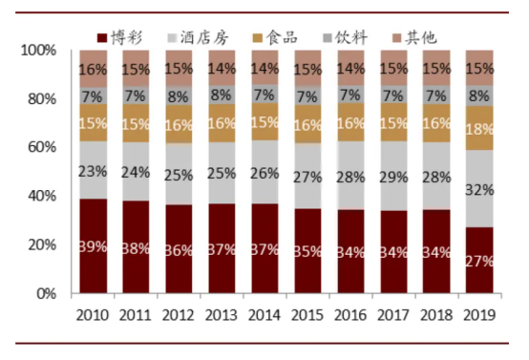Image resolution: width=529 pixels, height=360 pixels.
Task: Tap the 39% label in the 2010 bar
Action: (93, 246)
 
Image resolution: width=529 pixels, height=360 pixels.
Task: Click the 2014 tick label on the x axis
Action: (266, 313)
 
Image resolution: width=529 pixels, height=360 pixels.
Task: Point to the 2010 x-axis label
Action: (93, 313)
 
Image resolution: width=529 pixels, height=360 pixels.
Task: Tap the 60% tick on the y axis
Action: (49, 147)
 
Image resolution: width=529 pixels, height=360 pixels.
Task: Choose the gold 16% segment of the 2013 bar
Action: (223, 123)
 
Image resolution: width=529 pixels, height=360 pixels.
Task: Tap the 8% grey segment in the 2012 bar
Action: (180, 95)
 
